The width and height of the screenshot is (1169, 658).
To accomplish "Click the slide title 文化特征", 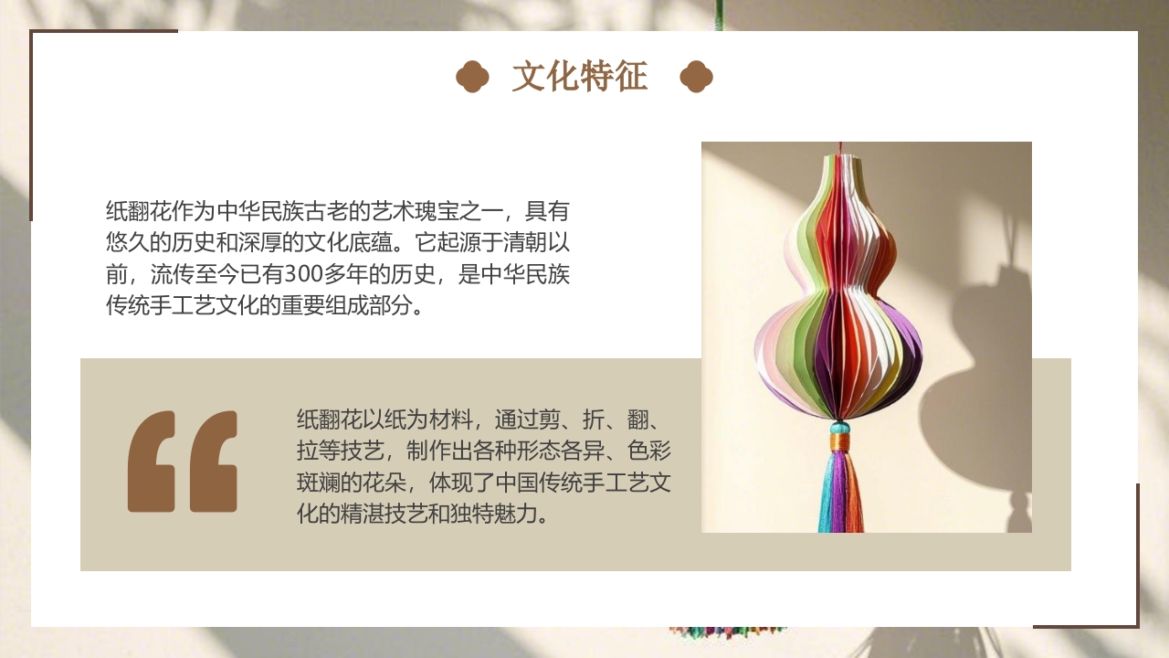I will click(x=580, y=78).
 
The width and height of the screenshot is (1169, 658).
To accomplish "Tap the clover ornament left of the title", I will click(x=472, y=78).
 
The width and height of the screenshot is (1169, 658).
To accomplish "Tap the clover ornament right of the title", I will click(x=696, y=78).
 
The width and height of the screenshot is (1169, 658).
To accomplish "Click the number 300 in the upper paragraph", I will click(x=302, y=274).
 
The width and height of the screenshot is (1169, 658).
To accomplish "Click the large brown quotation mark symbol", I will click(x=183, y=462).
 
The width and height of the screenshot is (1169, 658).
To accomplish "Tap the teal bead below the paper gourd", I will click(x=839, y=427).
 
